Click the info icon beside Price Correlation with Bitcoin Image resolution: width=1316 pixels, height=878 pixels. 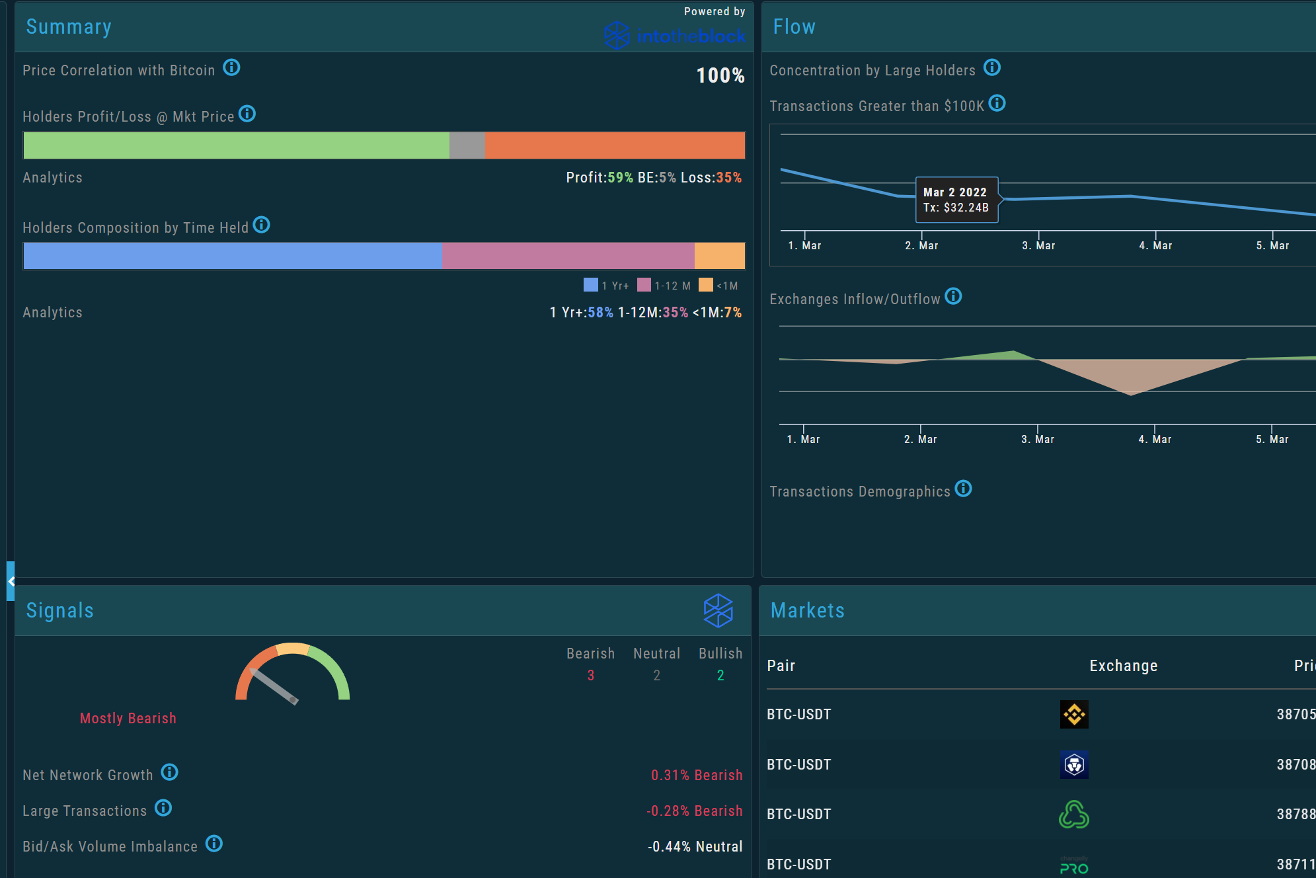coord(231,67)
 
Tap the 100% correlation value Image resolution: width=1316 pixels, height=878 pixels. coord(720,75)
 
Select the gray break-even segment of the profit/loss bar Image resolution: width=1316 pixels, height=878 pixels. coord(467,145)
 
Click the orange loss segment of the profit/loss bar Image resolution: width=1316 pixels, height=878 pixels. coord(614,145)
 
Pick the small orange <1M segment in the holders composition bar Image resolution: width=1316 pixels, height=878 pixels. coord(719,256)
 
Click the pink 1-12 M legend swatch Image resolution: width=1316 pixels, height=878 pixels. coord(644,285)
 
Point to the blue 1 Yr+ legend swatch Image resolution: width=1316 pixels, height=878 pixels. coord(591,285)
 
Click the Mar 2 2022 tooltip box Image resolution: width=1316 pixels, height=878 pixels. coord(956,200)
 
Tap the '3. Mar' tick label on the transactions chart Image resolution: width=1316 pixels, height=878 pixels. coord(1038,246)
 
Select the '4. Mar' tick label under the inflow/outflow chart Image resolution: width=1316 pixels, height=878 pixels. coord(1155,440)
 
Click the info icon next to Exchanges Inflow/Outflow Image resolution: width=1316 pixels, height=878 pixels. coord(953,296)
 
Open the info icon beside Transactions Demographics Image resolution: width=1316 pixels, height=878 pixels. coord(964,489)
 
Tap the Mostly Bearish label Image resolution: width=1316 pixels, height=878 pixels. coord(128,719)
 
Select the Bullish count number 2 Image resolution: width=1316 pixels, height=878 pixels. coord(720,676)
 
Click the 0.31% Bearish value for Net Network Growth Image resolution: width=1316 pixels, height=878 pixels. coord(697,776)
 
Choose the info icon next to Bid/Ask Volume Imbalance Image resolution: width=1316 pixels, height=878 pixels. coord(214,844)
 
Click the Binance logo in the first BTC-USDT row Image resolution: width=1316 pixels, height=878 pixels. coord(1074,715)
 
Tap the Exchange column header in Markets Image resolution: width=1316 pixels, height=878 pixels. coord(1123,666)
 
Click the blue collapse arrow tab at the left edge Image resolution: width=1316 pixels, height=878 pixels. coord(11,581)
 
